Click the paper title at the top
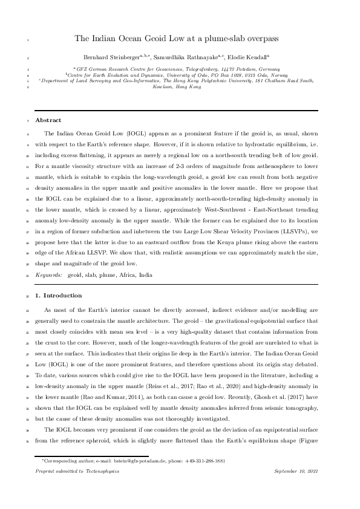coord(180,39)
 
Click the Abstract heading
coord(48,121)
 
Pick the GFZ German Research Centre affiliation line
coord(180,70)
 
